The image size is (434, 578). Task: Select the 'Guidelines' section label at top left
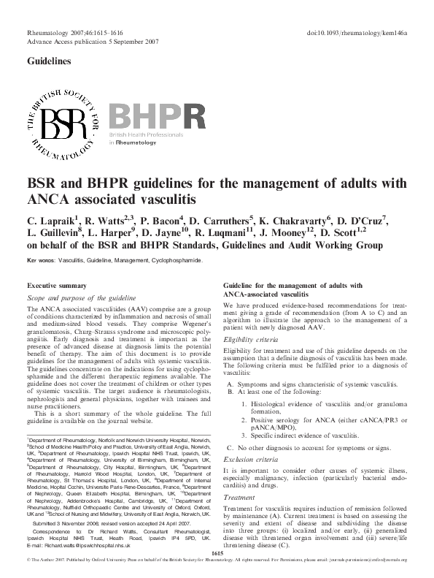(49, 62)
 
